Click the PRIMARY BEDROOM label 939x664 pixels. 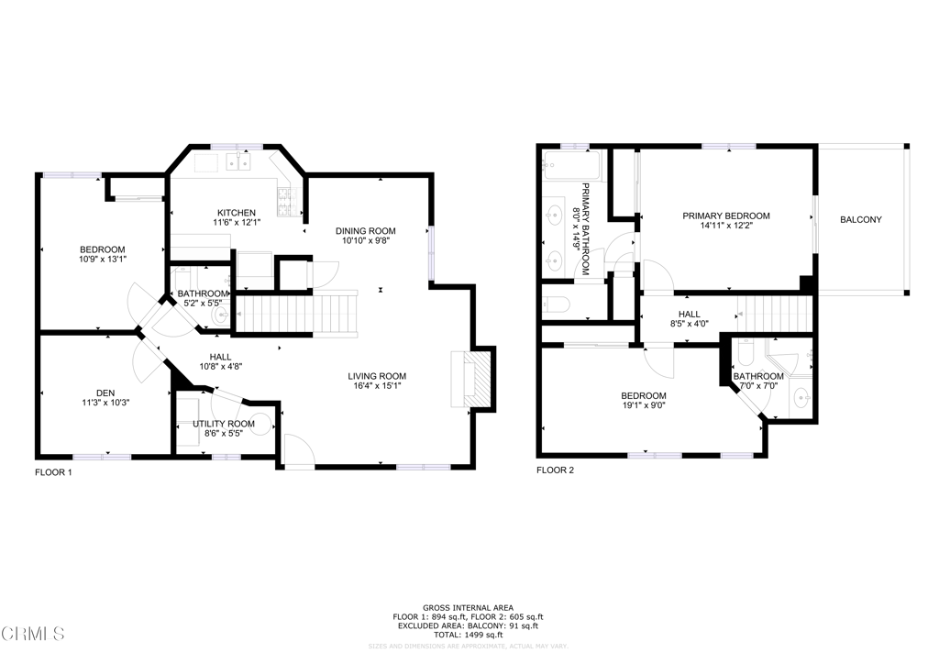(x=725, y=216)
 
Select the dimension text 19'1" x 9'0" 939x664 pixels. (x=645, y=406)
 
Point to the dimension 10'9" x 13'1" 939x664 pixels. (x=102, y=259)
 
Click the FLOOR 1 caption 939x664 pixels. (x=53, y=473)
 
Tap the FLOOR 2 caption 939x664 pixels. (x=555, y=470)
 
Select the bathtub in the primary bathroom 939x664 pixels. (x=570, y=167)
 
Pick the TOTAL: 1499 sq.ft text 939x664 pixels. (x=469, y=635)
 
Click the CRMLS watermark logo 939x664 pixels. (x=33, y=634)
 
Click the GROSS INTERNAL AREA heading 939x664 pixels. (x=469, y=607)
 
